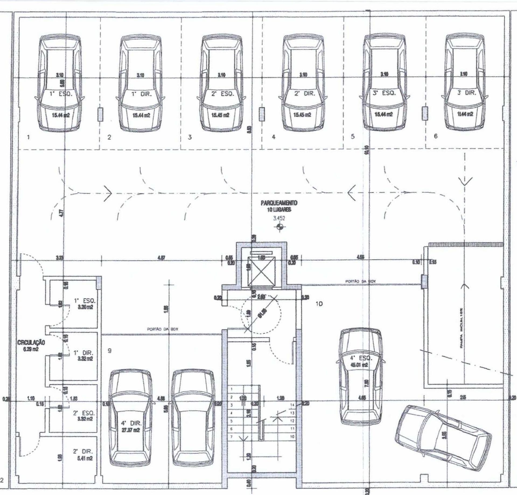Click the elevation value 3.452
(279, 218)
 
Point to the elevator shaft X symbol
(262, 271)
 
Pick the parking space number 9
(109, 351)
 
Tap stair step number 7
(231, 436)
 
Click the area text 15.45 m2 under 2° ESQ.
(220, 115)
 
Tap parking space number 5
(352, 136)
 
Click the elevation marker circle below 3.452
(280, 227)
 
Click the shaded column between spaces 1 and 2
(100, 114)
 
